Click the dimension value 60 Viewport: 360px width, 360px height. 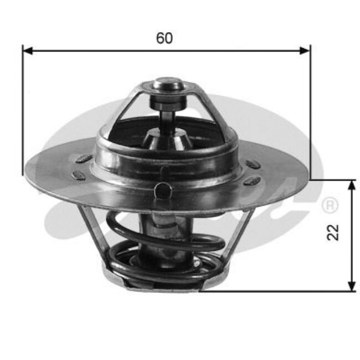tap(164, 38)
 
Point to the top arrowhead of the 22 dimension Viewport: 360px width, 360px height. tap(352, 185)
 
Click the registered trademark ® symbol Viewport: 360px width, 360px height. tap(330, 205)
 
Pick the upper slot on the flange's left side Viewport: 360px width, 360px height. tap(84, 159)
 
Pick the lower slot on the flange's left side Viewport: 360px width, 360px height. tap(80, 174)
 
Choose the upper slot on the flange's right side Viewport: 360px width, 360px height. tap(253, 164)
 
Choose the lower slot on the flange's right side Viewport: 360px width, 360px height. tap(252, 181)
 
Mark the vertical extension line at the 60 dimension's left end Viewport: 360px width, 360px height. tap(23, 111)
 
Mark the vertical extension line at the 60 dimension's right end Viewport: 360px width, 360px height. tap(310, 111)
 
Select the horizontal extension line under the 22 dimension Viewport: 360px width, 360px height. tap(277, 291)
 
